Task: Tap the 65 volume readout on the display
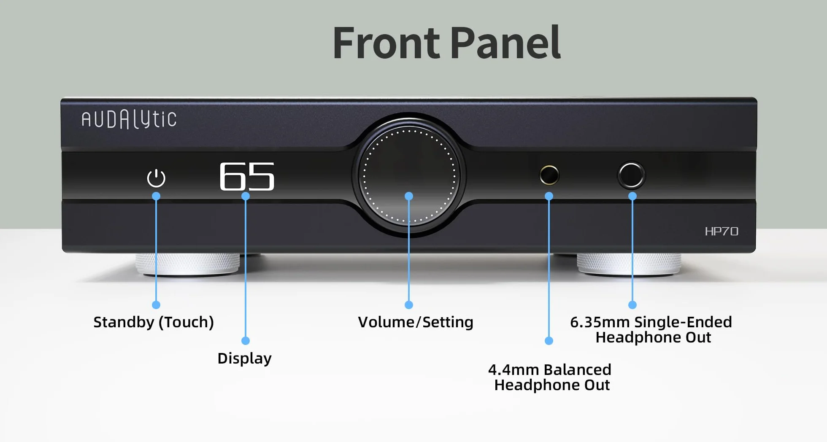247,176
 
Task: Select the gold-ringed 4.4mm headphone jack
549,175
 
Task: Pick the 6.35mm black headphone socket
631,175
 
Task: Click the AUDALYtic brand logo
129,119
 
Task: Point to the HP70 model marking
722,231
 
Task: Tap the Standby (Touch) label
154,322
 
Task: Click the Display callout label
244,358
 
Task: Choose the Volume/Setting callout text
416,322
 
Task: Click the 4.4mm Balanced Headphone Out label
550,377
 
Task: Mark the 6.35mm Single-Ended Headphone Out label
651,330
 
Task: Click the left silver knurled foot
188,264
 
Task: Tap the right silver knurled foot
629,264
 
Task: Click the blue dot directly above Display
246,340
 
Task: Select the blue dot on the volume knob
409,196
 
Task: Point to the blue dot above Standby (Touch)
156,305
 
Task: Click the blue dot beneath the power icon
156,196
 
